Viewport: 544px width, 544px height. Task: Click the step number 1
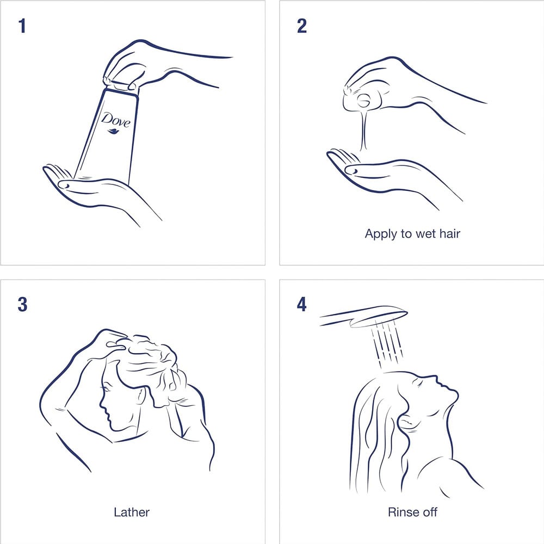(x=22, y=26)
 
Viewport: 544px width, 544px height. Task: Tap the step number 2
(x=302, y=26)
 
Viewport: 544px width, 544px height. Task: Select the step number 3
(x=22, y=304)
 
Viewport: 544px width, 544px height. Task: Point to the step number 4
(x=302, y=304)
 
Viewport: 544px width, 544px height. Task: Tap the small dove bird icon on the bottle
(x=114, y=131)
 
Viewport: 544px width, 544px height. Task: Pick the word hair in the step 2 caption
(x=450, y=233)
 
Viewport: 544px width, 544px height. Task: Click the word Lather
(x=132, y=512)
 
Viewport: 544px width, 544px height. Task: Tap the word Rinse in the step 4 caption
(x=399, y=512)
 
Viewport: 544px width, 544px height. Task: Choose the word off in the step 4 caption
(x=429, y=512)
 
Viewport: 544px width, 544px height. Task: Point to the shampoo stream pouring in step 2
(x=363, y=130)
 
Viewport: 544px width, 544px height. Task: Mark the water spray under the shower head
(x=387, y=345)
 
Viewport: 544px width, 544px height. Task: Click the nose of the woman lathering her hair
(x=102, y=404)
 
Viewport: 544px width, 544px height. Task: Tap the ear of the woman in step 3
(x=140, y=396)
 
